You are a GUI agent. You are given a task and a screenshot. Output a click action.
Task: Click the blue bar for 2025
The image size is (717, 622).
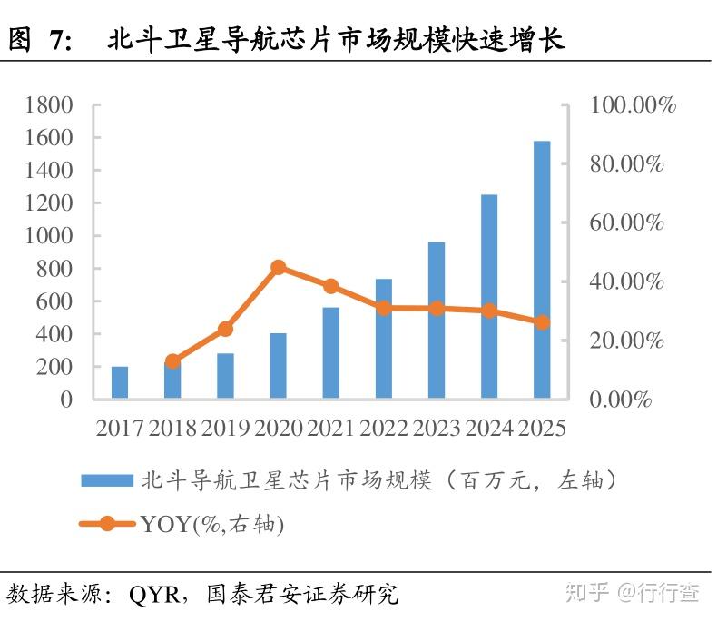pyautogui.click(x=542, y=270)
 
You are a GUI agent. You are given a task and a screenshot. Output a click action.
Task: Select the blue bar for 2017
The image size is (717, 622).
pyautogui.click(x=120, y=382)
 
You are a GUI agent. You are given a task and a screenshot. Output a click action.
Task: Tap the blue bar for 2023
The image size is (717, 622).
pyautogui.click(x=437, y=321)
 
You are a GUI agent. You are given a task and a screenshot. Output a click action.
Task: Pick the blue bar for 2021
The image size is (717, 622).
pyautogui.click(x=331, y=353)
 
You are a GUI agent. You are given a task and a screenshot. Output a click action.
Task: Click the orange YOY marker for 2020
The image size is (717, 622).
pyautogui.click(x=279, y=267)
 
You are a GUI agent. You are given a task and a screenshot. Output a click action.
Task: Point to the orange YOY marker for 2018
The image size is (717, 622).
pyautogui.click(x=172, y=361)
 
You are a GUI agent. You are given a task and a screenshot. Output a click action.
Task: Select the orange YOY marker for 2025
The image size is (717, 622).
pyautogui.click(x=542, y=322)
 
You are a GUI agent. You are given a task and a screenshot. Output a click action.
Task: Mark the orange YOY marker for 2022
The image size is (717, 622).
pyautogui.click(x=384, y=308)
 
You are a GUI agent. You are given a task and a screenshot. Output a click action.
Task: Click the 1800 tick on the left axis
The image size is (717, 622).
pyautogui.click(x=50, y=105)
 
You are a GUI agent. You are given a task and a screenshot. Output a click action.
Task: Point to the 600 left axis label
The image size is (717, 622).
pyautogui.click(x=56, y=301)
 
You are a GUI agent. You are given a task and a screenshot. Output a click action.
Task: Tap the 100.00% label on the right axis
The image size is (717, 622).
pyautogui.click(x=634, y=105)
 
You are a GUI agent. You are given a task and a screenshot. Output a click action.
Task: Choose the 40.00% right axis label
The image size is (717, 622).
pyautogui.click(x=627, y=281)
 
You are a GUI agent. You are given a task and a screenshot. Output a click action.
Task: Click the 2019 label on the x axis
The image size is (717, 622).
pyautogui.click(x=226, y=427)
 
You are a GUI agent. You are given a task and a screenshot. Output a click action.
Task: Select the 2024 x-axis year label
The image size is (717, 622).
pyautogui.click(x=489, y=427)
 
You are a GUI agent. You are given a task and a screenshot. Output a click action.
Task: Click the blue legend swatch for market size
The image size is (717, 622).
pyautogui.click(x=105, y=480)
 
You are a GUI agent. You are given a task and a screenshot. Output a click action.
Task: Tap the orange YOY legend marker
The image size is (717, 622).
pyautogui.click(x=107, y=524)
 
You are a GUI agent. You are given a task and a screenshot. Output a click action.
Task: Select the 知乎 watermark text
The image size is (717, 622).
pyautogui.click(x=586, y=593)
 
